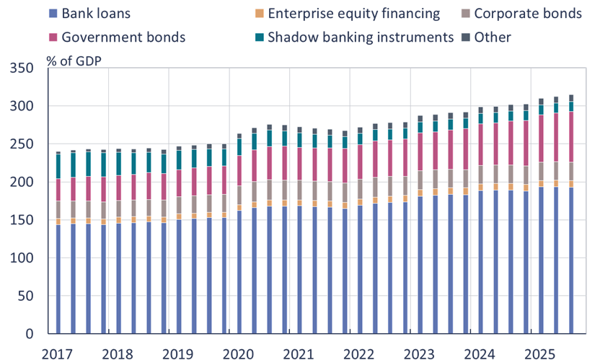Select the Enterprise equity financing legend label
[x=353, y=14]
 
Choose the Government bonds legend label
[x=125, y=37]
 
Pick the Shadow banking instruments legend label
[x=360, y=37]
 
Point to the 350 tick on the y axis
[x=23, y=69]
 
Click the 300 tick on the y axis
[x=23, y=107]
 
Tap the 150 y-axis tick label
[x=23, y=221]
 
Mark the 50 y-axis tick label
[x=27, y=297]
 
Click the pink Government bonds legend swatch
[x=53, y=37]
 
